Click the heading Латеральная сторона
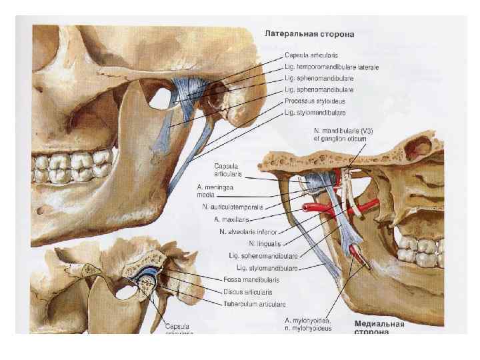[x=309, y=32]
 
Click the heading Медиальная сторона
[x=379, y=327]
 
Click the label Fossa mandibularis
[x=251, y=279]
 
